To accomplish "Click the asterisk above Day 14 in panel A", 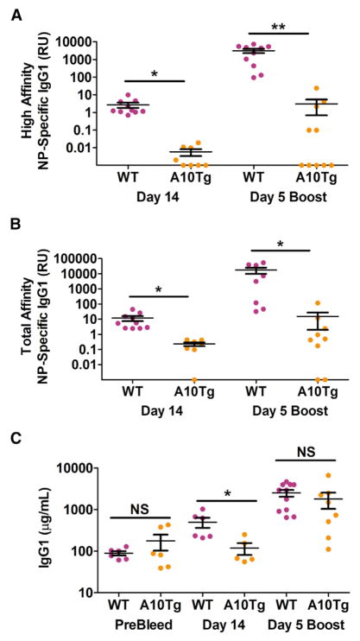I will point(154,74).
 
